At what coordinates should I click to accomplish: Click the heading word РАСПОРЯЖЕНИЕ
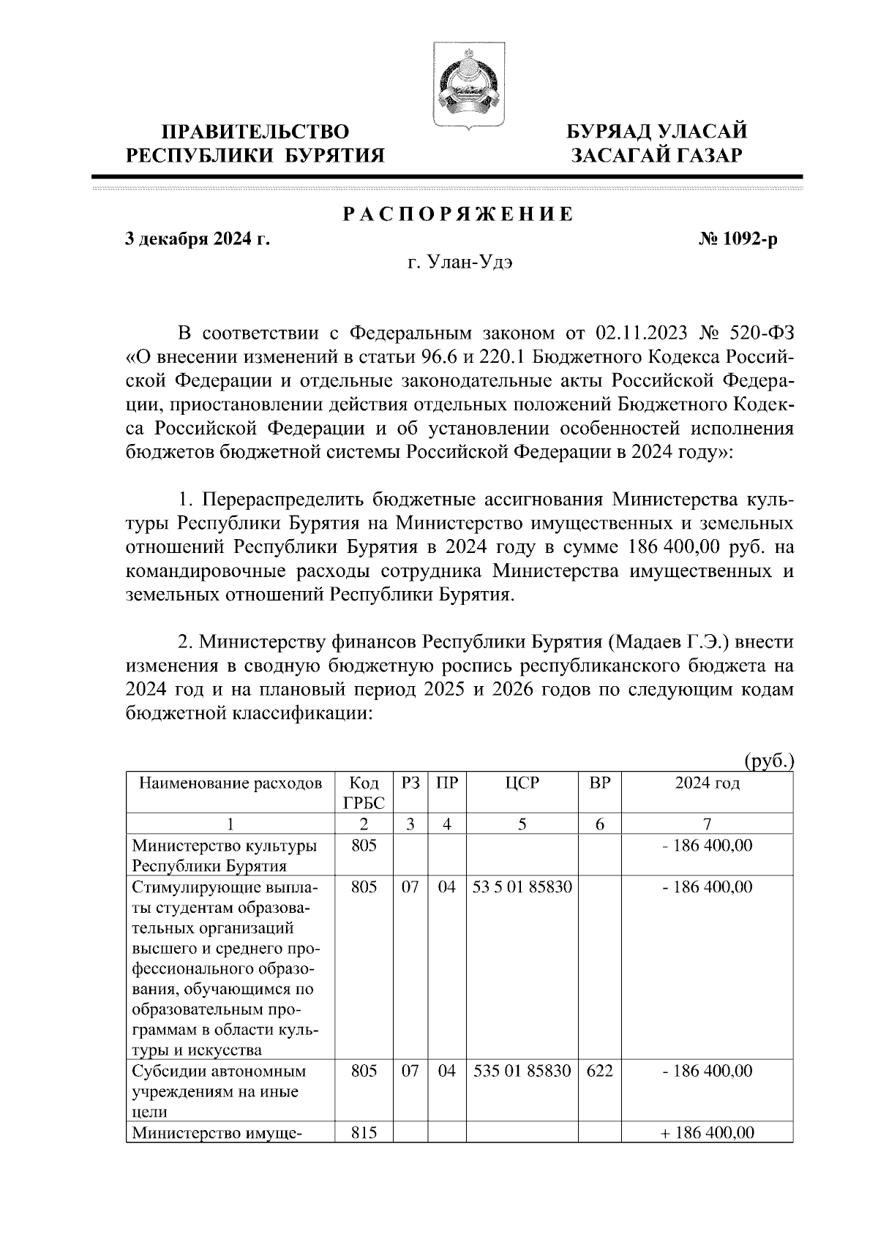pyautogui.click(x=459, y=215)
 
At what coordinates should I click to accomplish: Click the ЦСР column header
pyautogui.click(x=522, y=783)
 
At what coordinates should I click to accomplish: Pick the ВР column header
pyautogui.click(x=599, y=783)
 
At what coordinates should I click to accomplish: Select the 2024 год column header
pyautogui.click(x=707, y=783)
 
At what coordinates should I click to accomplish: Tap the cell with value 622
pyautogui.click(x=599, y=1071)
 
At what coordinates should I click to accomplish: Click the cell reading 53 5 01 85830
pyautogui.click(x=522, y=887)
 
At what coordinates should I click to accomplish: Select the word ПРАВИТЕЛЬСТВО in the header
pyautogui.click(x=255, y=132)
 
